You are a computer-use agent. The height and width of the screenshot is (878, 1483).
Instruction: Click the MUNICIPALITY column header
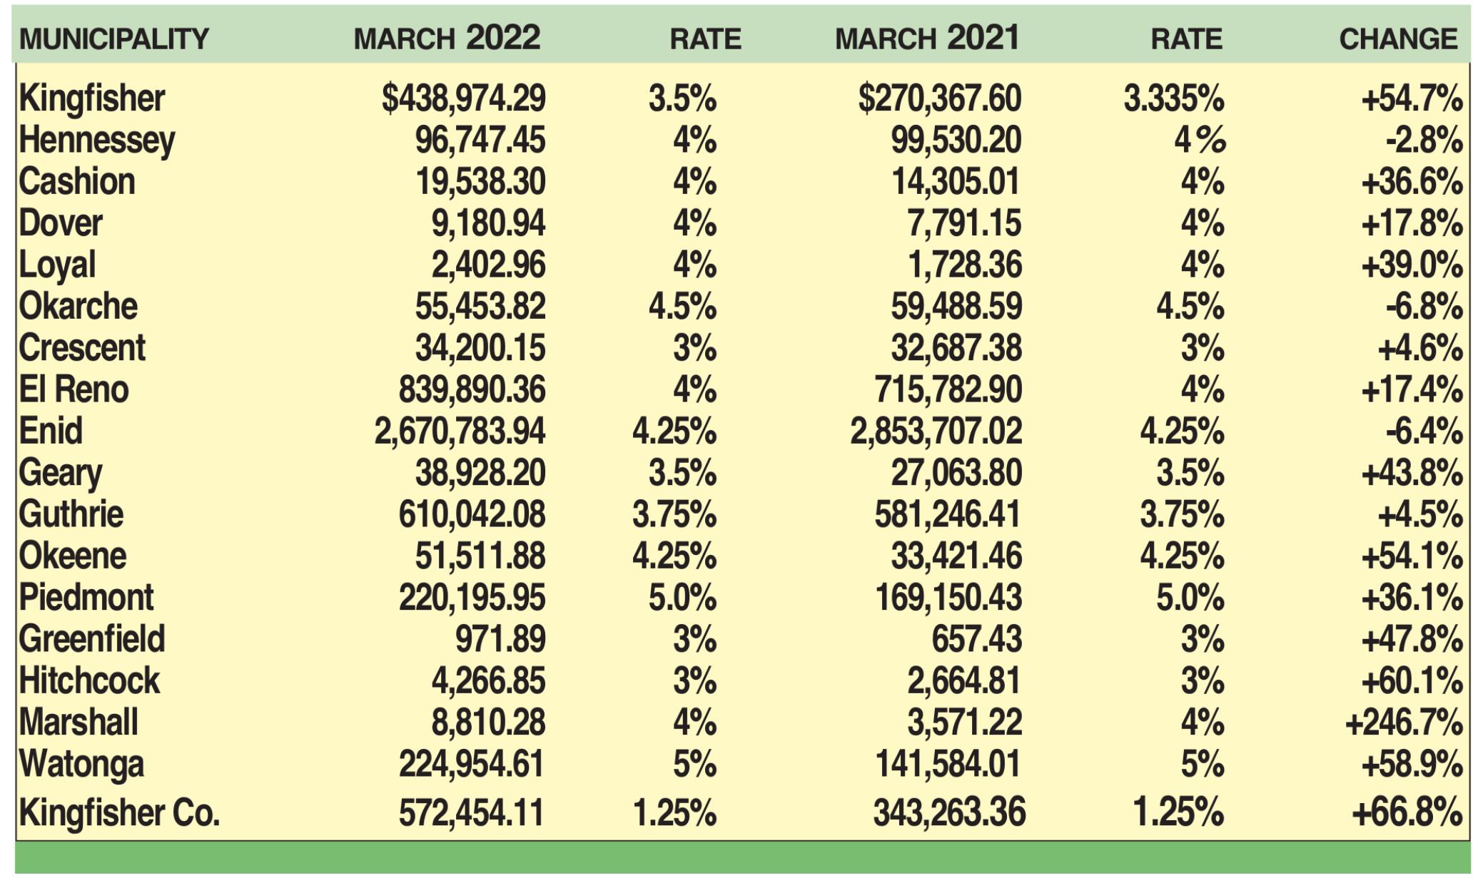(x=114, y=39)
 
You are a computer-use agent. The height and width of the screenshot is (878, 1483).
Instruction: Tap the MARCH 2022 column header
(x=447, y=38)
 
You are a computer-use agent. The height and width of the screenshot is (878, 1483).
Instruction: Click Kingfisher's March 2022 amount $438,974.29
(x=463, y=98)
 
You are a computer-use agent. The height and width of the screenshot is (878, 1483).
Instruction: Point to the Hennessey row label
(x=97, y=141)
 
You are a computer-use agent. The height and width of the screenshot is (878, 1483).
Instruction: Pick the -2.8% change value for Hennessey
(x=1424, y=141)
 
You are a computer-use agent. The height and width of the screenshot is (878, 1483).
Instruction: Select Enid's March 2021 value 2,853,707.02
(x=936, y=432)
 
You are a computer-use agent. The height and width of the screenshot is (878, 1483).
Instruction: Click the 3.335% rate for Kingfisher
(x=1173, y=98)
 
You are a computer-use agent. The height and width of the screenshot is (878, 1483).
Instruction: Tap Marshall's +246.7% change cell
(x=1403, y=723)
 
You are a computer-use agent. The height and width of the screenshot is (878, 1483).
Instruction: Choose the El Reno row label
(x=74, y=390)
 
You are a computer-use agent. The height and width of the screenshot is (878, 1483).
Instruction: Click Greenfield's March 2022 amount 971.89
(x=500, y=639)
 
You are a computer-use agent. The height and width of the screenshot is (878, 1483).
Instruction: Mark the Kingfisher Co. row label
(x=119, y=813)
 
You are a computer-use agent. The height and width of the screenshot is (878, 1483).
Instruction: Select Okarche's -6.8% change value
(x=1424, y=307)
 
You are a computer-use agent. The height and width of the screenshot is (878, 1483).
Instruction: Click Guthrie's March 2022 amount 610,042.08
(x=472, y=515)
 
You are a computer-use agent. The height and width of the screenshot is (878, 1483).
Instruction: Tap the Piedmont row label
(x=86, y=598)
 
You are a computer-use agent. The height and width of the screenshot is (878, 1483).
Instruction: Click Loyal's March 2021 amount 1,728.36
(x=964, y=265)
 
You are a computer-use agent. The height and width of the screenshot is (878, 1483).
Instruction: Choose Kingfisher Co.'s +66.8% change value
(x=1407, y=813)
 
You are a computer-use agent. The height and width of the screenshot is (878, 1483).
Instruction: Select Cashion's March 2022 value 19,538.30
(x=480, y=182)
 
